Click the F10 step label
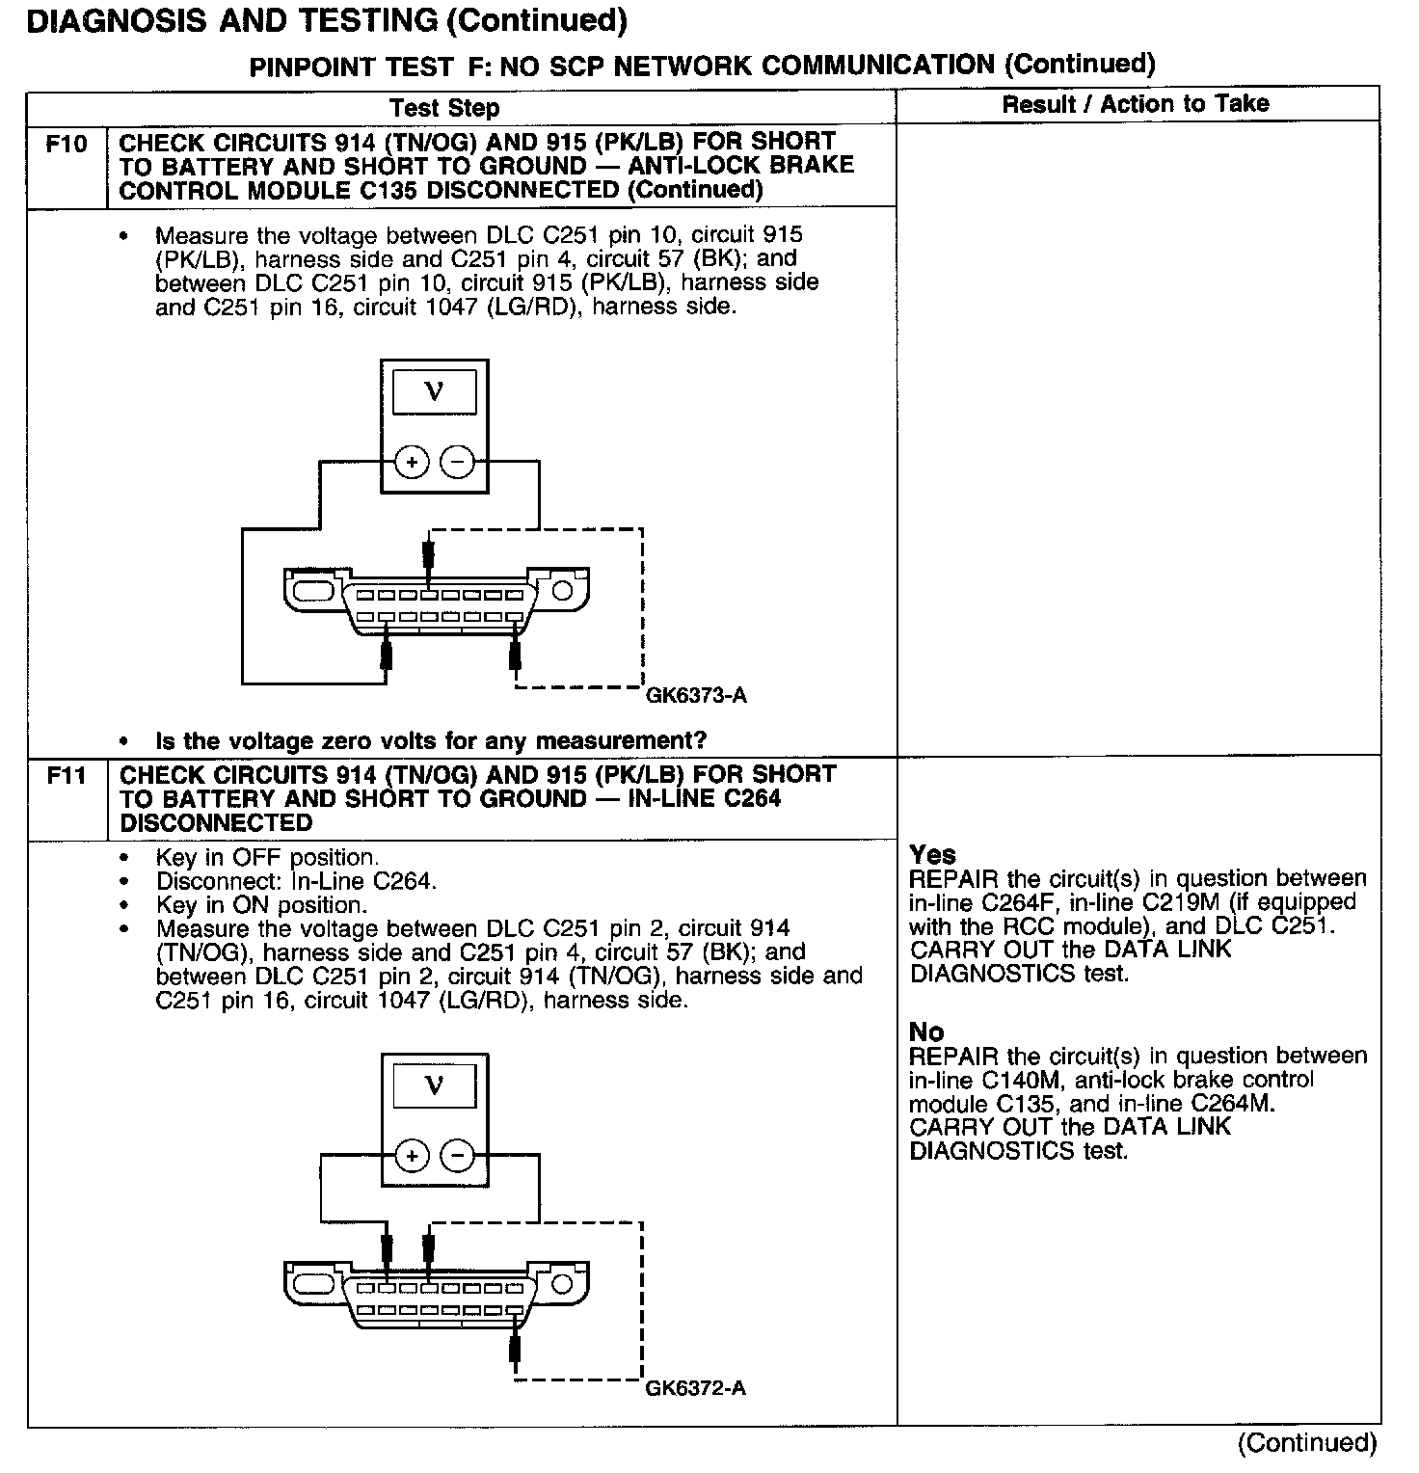pos(67,145)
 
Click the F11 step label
pos(67,776)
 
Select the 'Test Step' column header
pos(444,108)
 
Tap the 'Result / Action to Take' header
pos(1136,104)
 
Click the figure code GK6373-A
pos(696,695)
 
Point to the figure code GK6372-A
pos(696,1388)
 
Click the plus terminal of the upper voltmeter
pos(412,463)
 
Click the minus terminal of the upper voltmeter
pos(457,463)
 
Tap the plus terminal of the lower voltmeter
pos(412,1155)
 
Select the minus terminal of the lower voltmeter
pos(457,1155)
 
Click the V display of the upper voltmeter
pos(435,392)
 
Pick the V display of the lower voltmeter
pos(435,1086)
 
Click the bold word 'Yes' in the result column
pos(932,855)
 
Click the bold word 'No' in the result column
pos(926,1032)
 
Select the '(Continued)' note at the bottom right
pos(1308,1443)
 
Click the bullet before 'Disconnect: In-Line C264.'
pos(124,882)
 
